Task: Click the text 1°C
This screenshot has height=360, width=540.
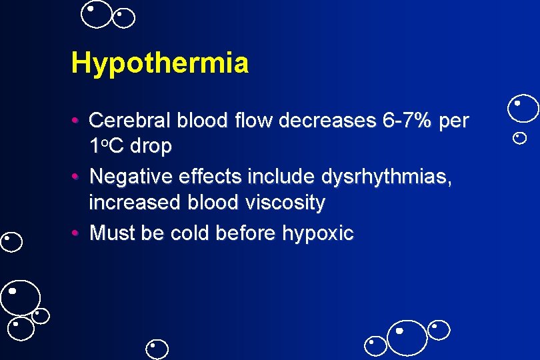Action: click(x=106, y=146)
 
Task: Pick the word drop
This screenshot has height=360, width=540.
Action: click(x=151, y=146)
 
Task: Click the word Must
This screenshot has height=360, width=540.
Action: click(x=111, y=233)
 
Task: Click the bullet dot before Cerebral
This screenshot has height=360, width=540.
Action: click(x=77, y=121)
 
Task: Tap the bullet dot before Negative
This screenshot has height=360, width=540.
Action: click(x=77, y=177)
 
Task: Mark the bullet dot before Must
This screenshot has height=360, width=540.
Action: click(x=77, y=233)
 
